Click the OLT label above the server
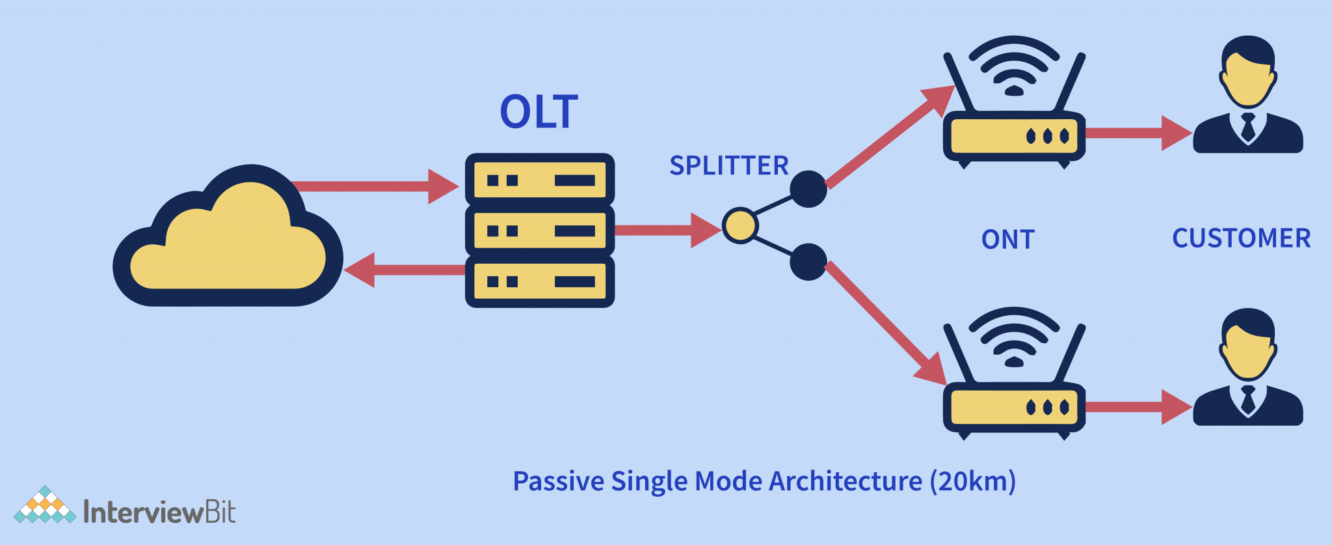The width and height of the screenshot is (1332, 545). (539, 112)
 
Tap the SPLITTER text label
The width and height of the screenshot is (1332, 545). (728, 165)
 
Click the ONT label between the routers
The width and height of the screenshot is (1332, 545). (1007, 240)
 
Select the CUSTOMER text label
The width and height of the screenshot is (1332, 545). (1241, 238)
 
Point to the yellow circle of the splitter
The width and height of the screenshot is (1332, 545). (740, 226)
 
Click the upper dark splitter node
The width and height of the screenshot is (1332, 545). (808, 189)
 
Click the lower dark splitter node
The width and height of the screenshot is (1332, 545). (808, 262)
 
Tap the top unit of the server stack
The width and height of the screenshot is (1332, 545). (540, 180)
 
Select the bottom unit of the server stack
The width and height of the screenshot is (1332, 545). (540, 282)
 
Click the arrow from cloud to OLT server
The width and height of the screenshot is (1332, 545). (377, 186)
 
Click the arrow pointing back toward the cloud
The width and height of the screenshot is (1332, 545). (403, 270)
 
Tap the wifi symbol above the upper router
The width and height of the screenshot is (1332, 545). (1014, 65)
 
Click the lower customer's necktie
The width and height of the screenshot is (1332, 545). (1247, 399)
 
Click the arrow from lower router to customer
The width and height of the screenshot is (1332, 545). (1138, 408)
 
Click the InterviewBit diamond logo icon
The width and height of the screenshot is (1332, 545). (44, 506)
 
